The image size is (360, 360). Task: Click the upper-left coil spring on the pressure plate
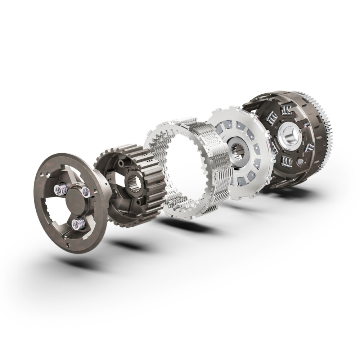pos(60,188)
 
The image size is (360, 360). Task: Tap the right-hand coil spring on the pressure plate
pos(86,192)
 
